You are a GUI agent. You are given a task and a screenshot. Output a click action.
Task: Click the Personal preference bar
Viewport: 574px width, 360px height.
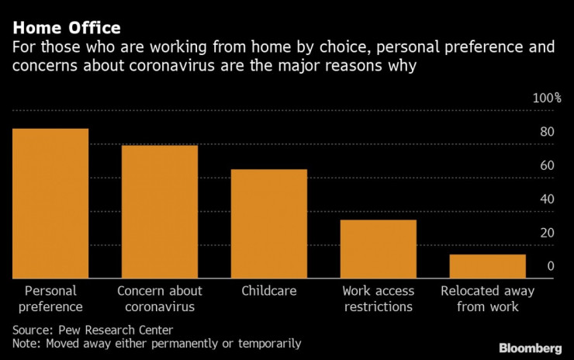pos(50,203)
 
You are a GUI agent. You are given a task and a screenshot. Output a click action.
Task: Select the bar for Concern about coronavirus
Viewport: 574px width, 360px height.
pos(160,212)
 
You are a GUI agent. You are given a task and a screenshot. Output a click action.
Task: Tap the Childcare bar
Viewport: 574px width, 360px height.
pos(269,223)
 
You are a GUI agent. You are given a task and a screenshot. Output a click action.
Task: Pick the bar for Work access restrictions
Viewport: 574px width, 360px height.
pos(379,249)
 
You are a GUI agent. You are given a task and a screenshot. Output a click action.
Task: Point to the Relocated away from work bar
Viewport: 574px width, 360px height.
pos(488,266)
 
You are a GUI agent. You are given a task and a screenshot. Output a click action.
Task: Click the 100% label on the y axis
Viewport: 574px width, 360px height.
pos(547,98)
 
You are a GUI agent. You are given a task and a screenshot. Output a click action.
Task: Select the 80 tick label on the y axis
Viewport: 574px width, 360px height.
pos(547,132)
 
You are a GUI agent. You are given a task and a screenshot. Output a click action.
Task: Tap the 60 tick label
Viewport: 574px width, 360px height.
pos(547,165)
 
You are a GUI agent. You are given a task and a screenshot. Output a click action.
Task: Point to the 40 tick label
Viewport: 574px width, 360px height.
pos(547,199)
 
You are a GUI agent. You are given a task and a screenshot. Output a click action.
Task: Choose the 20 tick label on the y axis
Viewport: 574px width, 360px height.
pos(547,233)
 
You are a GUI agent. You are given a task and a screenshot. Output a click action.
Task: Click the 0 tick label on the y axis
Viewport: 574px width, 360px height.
pos(550,266)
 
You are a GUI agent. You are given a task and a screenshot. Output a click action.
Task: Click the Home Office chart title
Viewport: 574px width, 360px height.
pos(66,28)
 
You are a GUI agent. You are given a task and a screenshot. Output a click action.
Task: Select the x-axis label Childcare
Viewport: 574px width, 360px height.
pos(269,291)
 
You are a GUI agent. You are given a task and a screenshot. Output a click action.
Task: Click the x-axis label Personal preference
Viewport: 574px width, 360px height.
pos(50,299)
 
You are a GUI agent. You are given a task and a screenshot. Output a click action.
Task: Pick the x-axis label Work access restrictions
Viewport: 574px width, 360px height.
pos(379,299)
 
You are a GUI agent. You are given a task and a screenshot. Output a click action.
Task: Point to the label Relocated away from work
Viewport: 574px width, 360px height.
pos(488,299)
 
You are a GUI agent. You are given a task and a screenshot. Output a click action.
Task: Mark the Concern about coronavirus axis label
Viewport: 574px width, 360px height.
pos(160,299)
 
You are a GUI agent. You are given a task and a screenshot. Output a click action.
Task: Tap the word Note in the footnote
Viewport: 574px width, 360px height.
pos(26,343)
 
